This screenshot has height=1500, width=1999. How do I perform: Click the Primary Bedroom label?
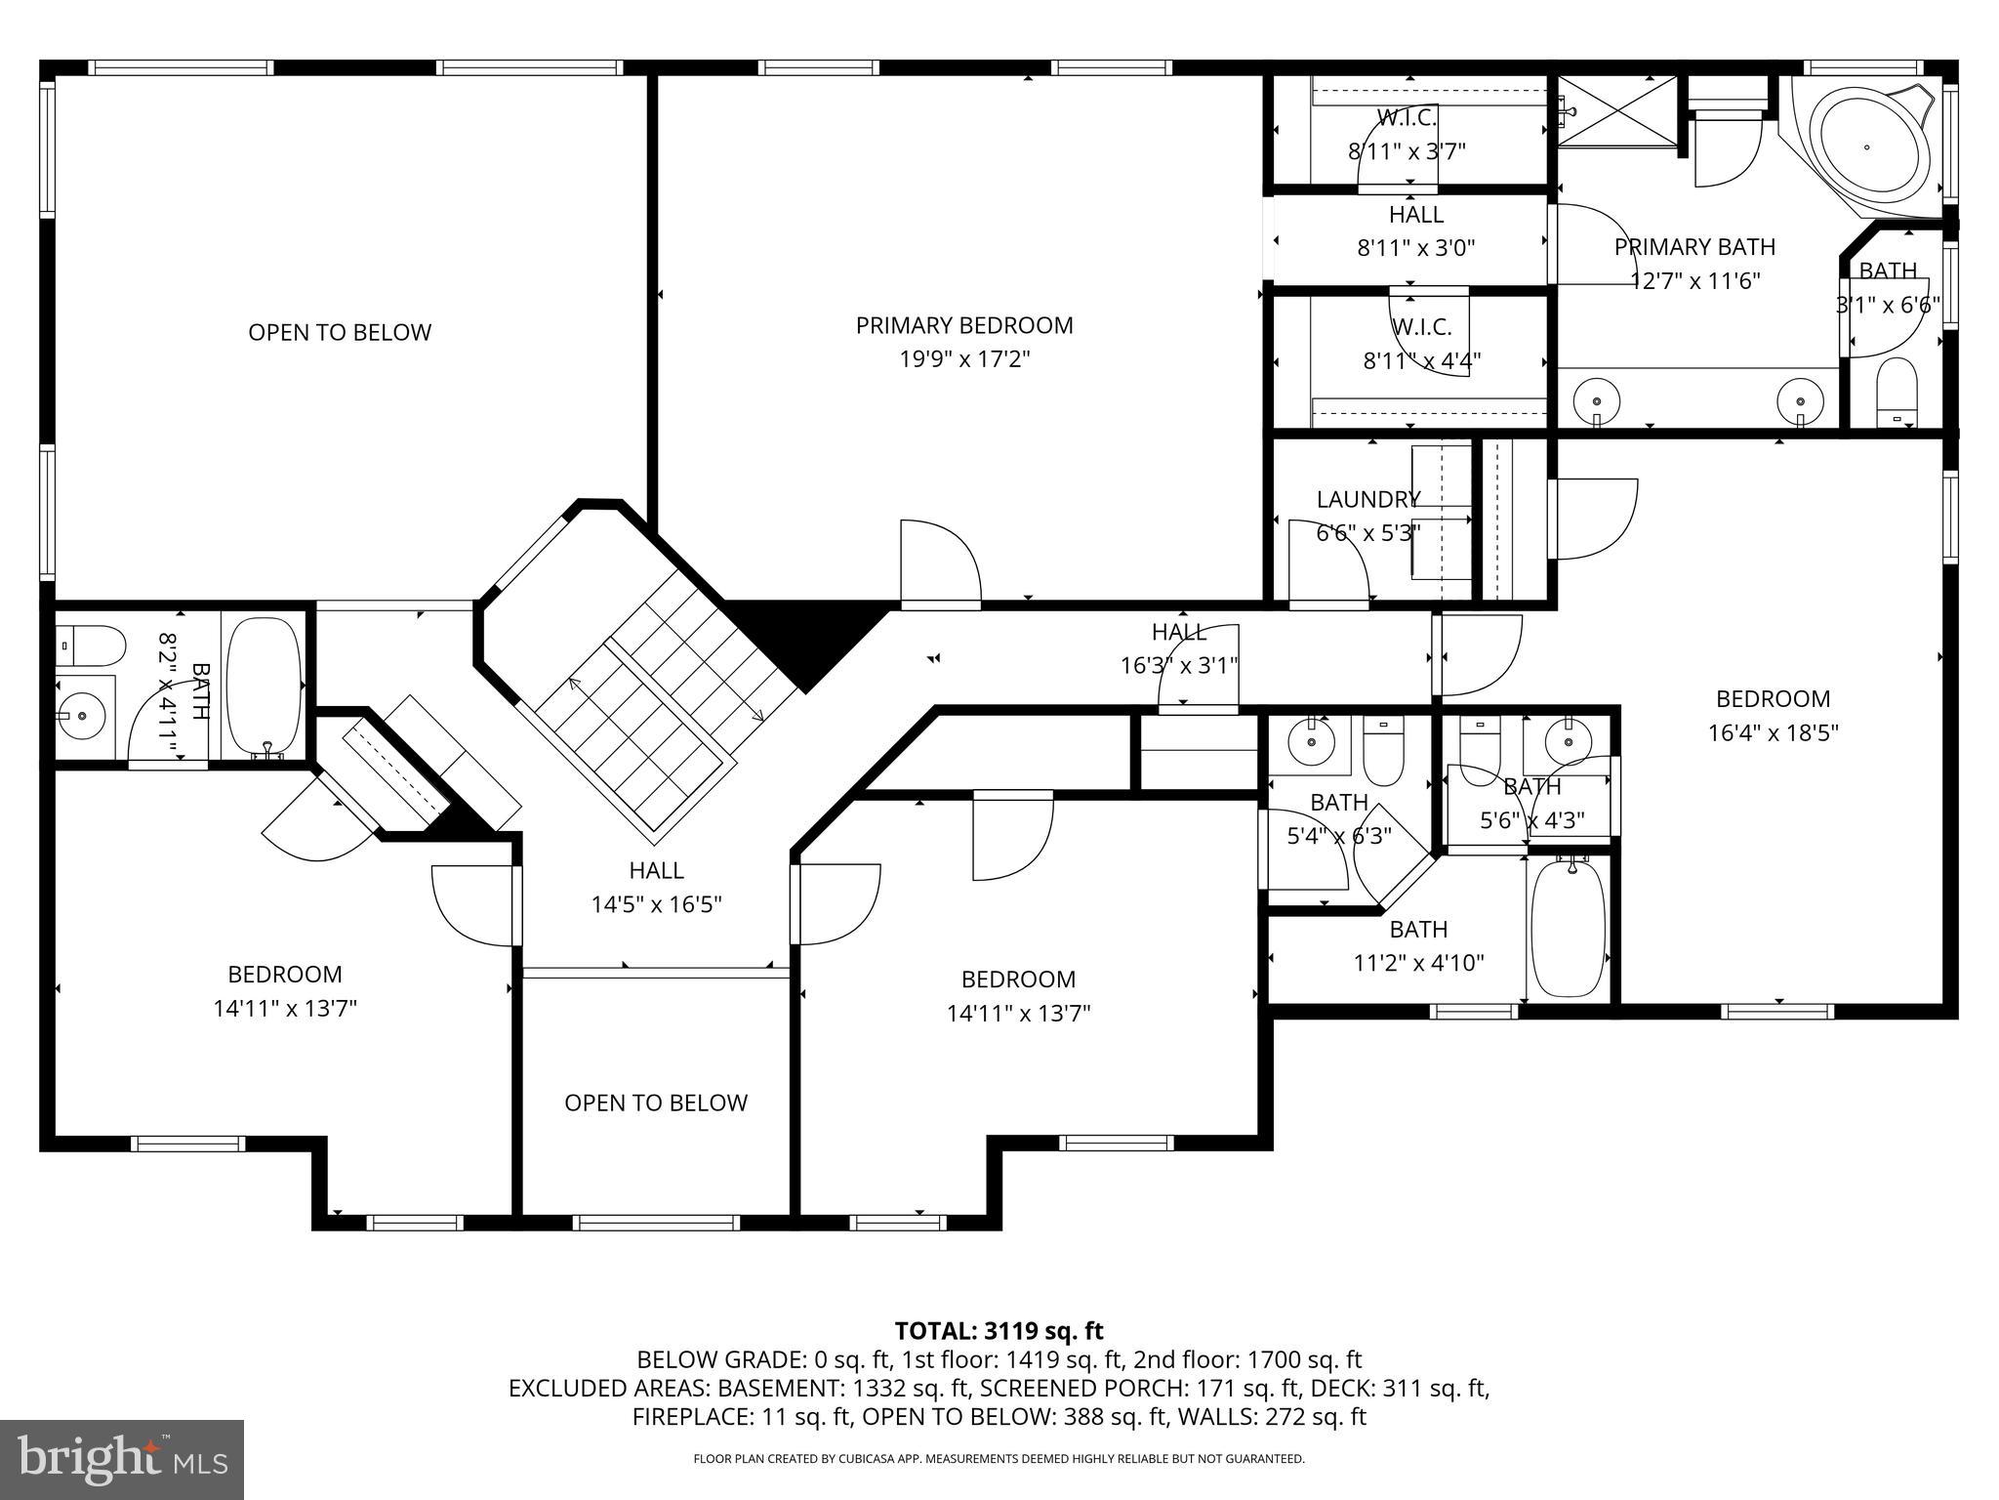[964, 325]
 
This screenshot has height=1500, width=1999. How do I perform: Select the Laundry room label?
[1368, 499]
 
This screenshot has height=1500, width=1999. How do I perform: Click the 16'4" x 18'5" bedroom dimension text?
[1773, 732]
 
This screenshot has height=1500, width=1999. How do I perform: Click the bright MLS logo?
[122, 1459]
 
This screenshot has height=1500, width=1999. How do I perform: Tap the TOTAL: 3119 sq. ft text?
[999, 1330]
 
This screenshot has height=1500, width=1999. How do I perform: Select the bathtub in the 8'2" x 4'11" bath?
[264, 686]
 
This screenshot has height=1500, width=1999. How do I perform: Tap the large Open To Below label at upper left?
[340, 332]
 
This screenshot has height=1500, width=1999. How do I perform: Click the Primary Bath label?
[1694, 247]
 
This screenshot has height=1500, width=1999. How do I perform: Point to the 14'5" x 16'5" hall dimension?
[656, 904]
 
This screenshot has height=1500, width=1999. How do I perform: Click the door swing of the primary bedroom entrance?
[940, 562]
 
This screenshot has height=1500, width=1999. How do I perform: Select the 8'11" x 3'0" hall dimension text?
[1416, 248]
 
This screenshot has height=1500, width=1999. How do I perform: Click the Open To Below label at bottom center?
[656, 1103]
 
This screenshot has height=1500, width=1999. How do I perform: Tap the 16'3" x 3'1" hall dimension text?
[1179, 666]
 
